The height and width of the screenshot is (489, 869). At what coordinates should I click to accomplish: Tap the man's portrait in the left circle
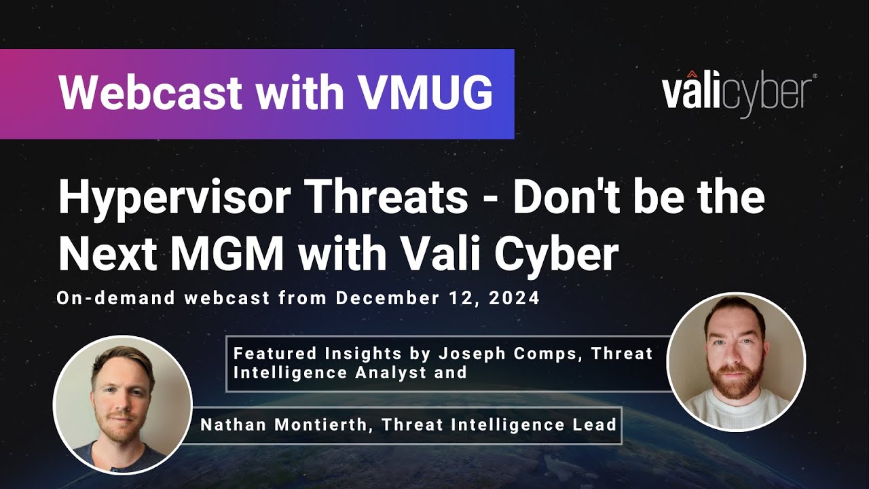pos(123,405)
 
